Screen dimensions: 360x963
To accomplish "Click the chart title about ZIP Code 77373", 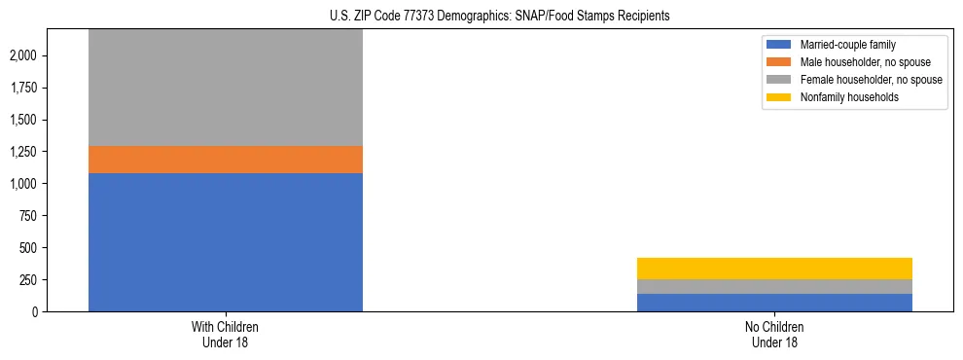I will [x=482, y=17].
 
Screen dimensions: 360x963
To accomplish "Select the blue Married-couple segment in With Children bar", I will [x=225, y=242].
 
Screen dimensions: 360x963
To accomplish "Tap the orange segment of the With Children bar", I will [x=225, y=160].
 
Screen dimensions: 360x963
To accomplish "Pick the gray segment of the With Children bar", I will [x=225, y=88].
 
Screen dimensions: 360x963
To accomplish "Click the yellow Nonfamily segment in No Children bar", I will [x=774, y=269].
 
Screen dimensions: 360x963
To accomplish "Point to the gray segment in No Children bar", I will [x=774, y=286].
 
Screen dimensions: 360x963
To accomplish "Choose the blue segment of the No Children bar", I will [x=774, y=303].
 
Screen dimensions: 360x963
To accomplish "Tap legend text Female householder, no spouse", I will [x=871, y=80].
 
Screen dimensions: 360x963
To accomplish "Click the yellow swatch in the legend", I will [x=779, y=97].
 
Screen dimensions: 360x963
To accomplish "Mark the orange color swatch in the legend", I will [x=779, y=62].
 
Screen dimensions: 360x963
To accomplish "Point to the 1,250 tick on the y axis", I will [x=22, y=152].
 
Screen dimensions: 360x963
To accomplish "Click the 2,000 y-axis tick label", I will [x=22, y=55].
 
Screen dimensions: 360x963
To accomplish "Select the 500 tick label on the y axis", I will [x=28, y=248].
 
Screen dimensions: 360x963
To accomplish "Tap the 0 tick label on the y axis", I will [x=35, y=312].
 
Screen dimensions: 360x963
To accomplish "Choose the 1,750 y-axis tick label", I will [x=22, y=88].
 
